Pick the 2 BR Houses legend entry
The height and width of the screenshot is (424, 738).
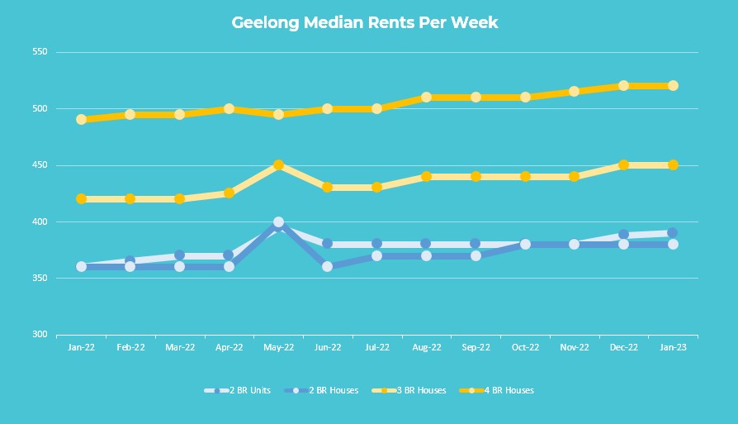click(321, 390)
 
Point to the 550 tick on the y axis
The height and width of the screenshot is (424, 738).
click(40, 52)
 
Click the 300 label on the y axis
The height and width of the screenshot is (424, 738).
click(40, 335)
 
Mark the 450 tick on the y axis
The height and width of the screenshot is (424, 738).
click(40, 165)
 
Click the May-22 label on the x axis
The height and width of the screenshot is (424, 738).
click(278, 348)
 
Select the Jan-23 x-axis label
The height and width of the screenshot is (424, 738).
click(673, 348)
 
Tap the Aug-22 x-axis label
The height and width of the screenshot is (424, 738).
click(426, 348)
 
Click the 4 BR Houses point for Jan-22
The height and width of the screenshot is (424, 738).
click(81, 119)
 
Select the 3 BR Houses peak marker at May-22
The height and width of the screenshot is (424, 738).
click(278, 165)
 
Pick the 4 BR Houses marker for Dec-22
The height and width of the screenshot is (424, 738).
click(623, 86)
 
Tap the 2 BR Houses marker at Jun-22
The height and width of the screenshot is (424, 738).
click(328, 266)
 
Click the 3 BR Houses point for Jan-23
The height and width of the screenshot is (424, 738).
click(673, 165)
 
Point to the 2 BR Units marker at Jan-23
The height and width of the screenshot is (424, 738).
click(673, 233)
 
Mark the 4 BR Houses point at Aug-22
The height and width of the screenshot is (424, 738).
click(426, 97)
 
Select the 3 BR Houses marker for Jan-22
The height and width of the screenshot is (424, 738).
click(81, 198)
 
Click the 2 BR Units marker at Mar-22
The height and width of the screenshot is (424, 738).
click(179, 255)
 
